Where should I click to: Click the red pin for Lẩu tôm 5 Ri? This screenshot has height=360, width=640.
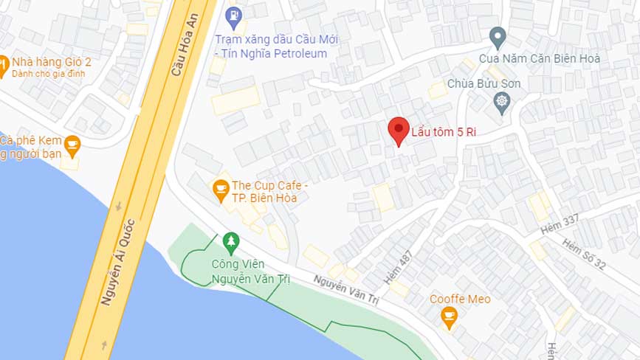399,131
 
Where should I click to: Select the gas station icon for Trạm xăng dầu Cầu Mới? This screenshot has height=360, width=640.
233,15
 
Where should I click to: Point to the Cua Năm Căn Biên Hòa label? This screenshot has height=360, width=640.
539,58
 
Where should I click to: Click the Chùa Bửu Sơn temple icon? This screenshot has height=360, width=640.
502,102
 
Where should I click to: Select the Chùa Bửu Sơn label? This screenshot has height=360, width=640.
484,83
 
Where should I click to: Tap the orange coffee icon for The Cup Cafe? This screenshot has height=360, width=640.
220,189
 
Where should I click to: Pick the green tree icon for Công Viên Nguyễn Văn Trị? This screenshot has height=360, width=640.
232,242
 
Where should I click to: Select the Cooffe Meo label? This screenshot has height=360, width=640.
460,299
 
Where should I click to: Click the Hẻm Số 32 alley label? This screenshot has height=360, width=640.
583,253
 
